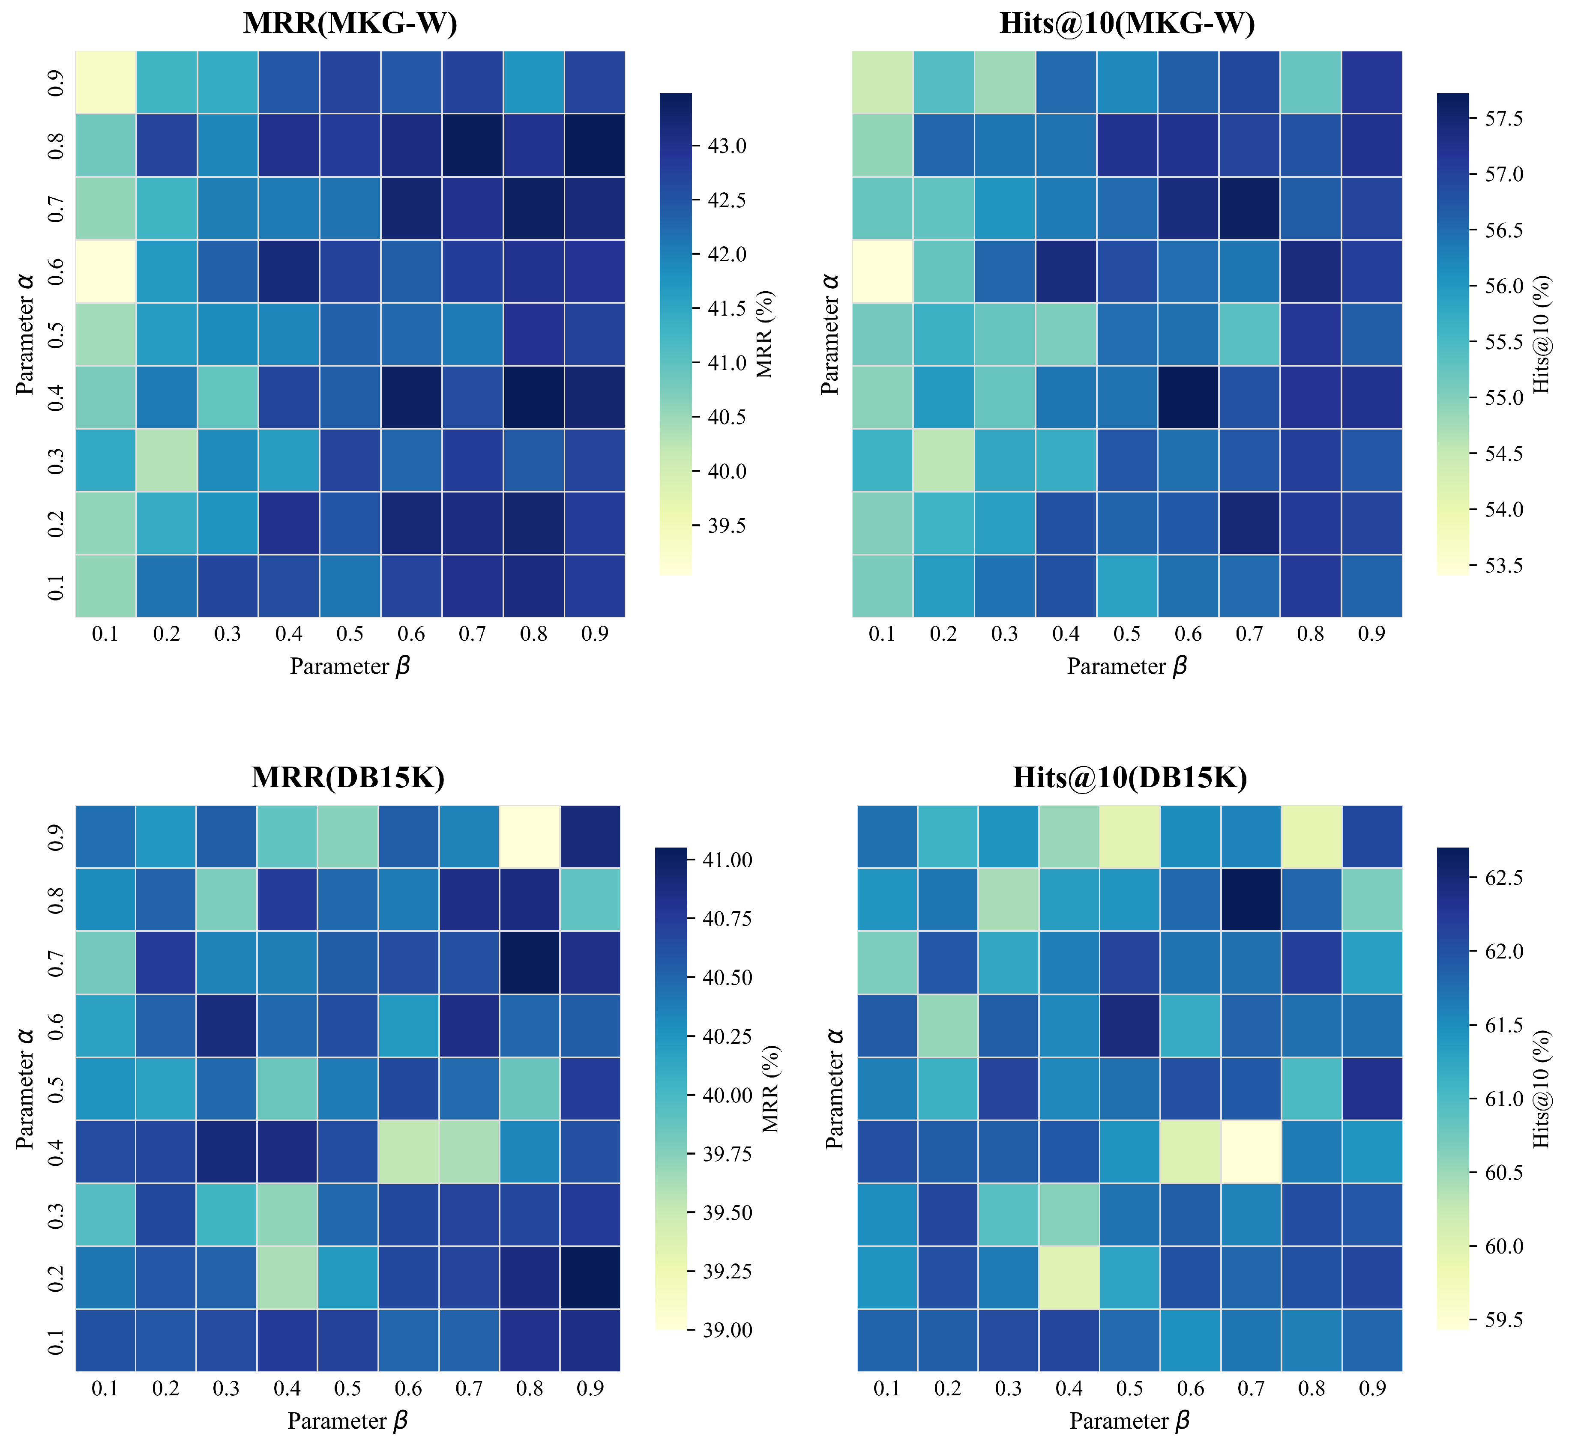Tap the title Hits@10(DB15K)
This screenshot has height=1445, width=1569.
click(1129, 777)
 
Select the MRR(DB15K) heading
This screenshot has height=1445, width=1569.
click(348, 777)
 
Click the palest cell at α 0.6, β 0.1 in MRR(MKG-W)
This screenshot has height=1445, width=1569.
click(105, 272)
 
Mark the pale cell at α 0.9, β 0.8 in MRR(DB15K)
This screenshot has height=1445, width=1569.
click(530, 837)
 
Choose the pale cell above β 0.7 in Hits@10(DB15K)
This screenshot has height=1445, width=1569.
click(1250, 1152)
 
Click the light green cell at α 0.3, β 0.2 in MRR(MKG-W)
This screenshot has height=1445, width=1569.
click(167, 460)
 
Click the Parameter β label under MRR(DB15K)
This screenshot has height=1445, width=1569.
click(348, 1421)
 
